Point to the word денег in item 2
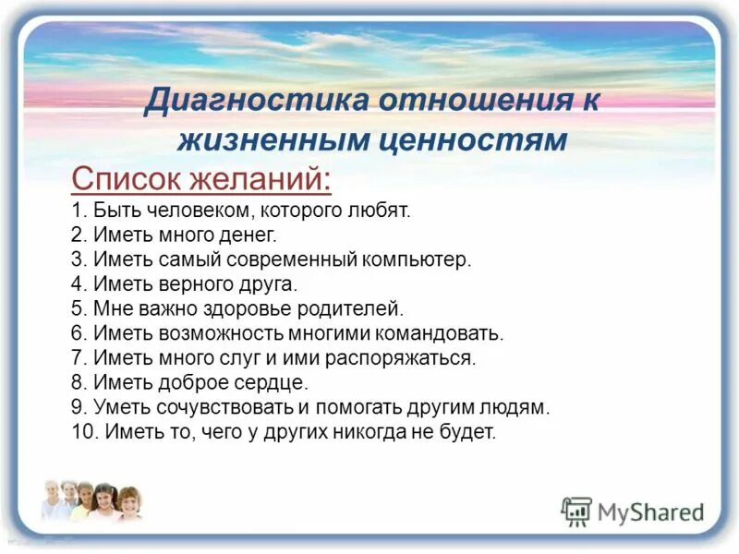(243, 235)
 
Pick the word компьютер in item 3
(420, 259)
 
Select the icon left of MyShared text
(576, 511)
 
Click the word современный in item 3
(285, 259)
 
